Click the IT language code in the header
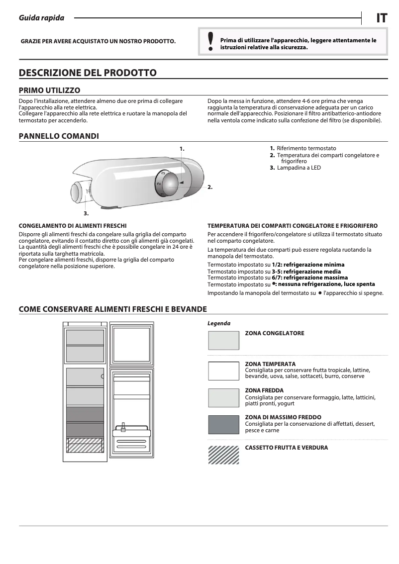(x=381, y=18)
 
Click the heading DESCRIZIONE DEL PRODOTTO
(x=88, y=73)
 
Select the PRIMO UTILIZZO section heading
(x=49, y=90)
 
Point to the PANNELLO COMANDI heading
(x=59, y=136)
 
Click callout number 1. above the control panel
(x=182, y=148)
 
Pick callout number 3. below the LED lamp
(x=86, y=213)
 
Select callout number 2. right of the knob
(x=210, y=187)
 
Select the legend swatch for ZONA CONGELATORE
(x=223, y=341)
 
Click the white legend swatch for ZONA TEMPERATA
(x=223, y=371)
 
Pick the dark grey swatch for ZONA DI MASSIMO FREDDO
(x=223, y=424)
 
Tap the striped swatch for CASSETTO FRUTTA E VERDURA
(x=223, y=455)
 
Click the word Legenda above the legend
(x=219, y=323)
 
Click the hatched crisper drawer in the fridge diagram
(x=85, y=445)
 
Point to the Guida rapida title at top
(x=41, y=18)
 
